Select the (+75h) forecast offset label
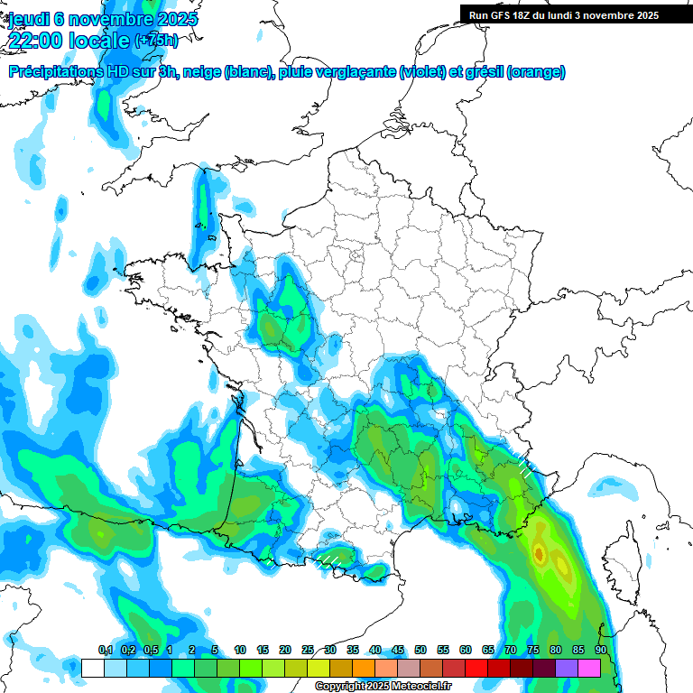coord(156,41)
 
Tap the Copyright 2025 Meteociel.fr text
coord(383,687)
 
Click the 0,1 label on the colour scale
coord(106,651)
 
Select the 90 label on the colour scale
coord(600,651)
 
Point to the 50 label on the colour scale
coord(420,651)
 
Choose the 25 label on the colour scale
coord(308,651)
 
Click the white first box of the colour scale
coord(92,668)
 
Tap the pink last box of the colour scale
coord(589,668)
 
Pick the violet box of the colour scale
coord(567,668)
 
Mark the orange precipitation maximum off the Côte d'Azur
coord(539,551)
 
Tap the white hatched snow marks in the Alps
coord(522,465)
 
